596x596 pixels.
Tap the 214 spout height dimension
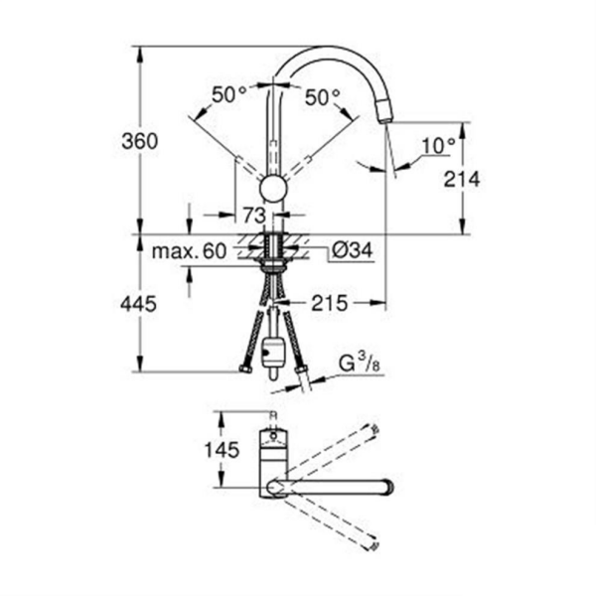[x=463, y=179]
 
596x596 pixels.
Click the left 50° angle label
[x=228, y=95]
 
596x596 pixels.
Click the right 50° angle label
[x=323, y=96]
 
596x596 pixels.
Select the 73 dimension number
[x=251, y=215]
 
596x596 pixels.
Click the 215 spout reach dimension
[x=329, y=304]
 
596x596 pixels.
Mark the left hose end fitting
[x=243, y=371]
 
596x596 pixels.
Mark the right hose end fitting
[x=302, y=373]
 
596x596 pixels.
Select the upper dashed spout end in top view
[x=374, y=430]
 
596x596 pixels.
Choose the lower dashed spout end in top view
[x=373, y=544]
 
